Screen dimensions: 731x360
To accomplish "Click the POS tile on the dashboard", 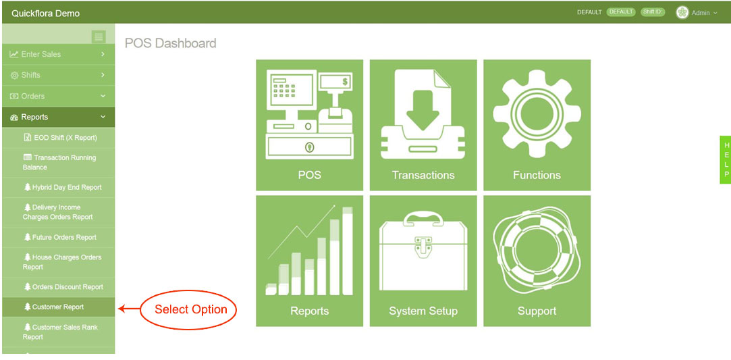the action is point(309,125).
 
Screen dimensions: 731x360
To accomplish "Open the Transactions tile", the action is point(423,125).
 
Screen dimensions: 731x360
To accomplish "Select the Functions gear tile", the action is point(537,125).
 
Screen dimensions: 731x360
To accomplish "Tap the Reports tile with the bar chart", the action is point(309,261).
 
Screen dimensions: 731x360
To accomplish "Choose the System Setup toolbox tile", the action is point(423,261).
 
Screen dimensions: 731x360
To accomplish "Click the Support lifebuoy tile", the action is point(537,261).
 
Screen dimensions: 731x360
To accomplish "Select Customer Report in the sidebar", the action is point(58,307).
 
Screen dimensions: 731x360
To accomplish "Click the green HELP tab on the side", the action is point(726,159).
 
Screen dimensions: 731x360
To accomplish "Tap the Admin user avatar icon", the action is point(682,13).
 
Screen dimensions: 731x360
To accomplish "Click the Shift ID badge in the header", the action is point(653,12).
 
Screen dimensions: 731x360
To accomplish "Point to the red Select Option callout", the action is point(190,309).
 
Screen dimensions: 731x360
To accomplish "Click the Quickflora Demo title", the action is point(46,13).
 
